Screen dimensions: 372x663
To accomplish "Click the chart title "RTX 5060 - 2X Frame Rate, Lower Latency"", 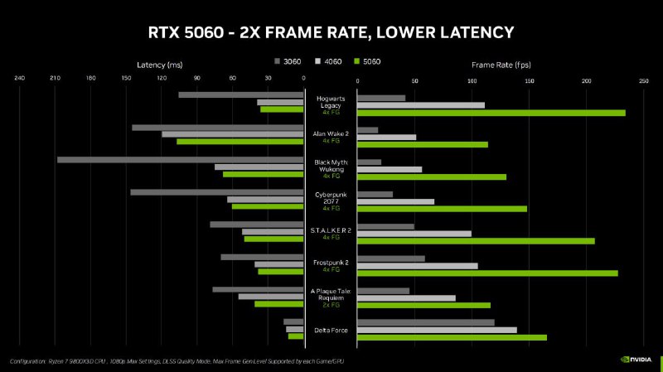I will tap(331, 32).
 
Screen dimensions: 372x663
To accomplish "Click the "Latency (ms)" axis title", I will tap(159, 64).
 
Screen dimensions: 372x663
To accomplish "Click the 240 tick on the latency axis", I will tap(20, 80).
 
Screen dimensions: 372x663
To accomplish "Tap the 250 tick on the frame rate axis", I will tap(643, 80).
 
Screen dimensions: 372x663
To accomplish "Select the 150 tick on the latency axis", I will tap(126, 80).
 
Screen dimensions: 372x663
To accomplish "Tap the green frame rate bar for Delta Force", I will tap(452, 337).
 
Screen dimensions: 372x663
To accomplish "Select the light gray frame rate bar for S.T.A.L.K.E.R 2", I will tap(414, 233).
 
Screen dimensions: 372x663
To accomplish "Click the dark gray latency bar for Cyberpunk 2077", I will tap(216, 192).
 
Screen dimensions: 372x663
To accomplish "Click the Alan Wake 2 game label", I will tap(331, 133).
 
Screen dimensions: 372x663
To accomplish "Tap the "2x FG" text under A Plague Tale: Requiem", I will tap(331, 305).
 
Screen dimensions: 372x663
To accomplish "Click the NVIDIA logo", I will tap(636, 360).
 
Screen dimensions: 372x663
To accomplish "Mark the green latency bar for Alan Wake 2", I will tap(240, 142).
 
